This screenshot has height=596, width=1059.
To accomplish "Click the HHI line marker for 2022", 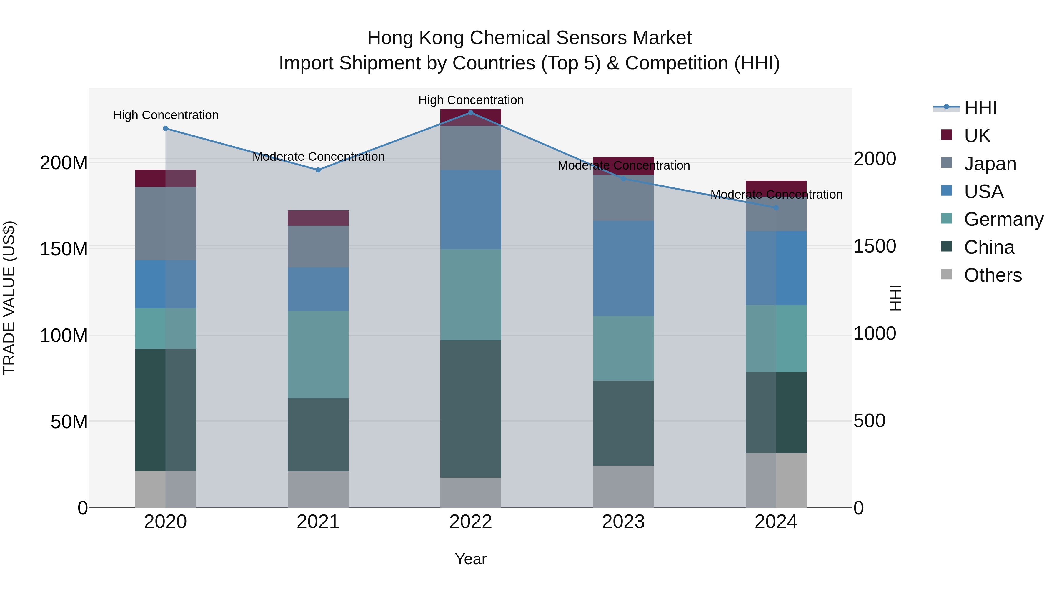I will (471, 113).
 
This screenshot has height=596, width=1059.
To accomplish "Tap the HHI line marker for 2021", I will (318, 170).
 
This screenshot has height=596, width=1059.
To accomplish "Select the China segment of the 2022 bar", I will (471, 409).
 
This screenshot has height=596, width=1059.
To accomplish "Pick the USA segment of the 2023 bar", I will (623, 268).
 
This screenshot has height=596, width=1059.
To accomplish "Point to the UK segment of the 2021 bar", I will (318, 218).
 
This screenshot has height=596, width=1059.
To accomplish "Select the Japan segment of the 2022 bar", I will (471, 148).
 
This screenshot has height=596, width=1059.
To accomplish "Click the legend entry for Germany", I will (1003, 219).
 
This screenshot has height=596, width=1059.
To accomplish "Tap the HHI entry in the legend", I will (980, 108).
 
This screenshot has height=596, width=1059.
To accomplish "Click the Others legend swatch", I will (946, 274).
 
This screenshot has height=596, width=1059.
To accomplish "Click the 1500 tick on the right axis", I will (875, 246).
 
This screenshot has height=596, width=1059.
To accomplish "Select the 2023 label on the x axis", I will (623, 522).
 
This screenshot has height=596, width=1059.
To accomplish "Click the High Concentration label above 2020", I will (166, 115).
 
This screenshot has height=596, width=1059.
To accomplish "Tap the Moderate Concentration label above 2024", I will (776, 195).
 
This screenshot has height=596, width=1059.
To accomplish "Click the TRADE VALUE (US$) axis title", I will (9, 298).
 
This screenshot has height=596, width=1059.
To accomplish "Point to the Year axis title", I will (471, 559).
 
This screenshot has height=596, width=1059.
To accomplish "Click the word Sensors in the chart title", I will (583, 38).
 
